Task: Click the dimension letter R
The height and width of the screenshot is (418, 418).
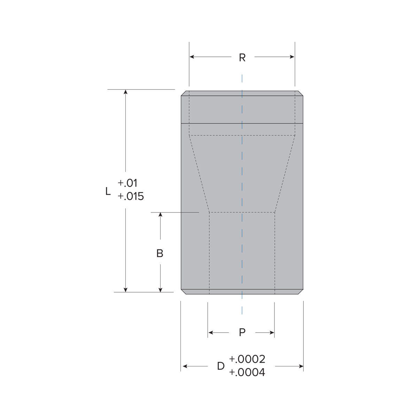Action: click(x=242, y=57)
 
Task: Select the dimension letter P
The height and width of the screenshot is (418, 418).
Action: click(x=242, y=332)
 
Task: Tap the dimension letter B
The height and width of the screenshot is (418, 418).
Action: click(x=160, y=253)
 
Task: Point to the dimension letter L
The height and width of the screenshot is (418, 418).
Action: click(x=108, y=191)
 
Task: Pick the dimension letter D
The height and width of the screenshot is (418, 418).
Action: click(x=220, y=366)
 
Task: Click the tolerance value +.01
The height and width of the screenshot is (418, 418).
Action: click(x=127, y=183)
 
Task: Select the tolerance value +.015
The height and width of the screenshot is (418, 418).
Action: click(x=131, y=196)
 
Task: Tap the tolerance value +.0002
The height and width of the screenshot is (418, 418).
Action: click(x=247, y=359)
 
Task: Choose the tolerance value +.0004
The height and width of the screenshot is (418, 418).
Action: click(x=247, y=373)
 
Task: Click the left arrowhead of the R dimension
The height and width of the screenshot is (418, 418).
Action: click(x=192, y=57)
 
